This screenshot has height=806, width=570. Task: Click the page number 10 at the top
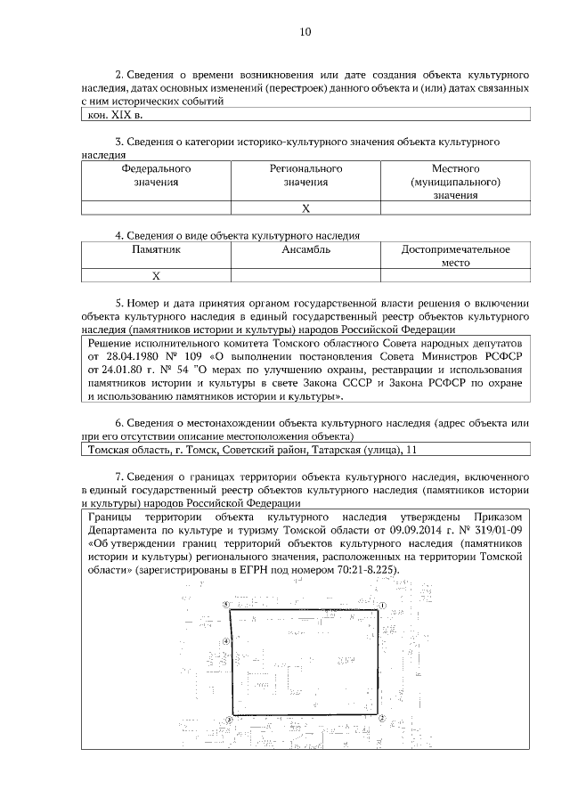coord(305,32)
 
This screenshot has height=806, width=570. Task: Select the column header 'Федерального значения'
coord(156,175)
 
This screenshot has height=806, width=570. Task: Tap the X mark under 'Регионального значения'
coord(305,208)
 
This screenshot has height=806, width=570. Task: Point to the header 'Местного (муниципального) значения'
coord(456,182)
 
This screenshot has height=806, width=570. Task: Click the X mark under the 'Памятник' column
coord(156,276)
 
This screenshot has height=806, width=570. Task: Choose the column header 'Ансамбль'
coord(305,250)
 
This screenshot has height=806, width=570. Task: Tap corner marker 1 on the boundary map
coord(381,605)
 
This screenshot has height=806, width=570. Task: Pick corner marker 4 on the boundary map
coord(227,640)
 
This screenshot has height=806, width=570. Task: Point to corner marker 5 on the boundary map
coord(226,604)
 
